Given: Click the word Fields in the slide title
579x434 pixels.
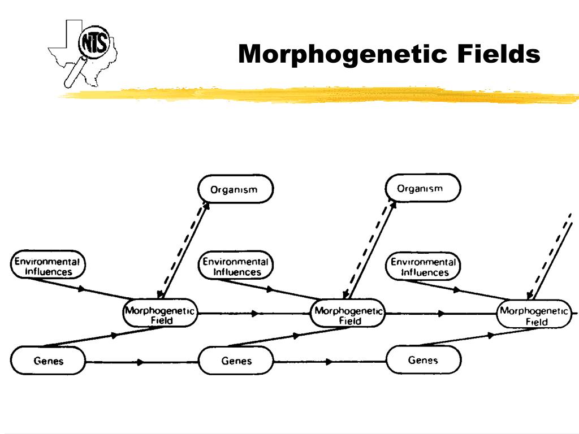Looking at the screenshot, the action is pos(499,54).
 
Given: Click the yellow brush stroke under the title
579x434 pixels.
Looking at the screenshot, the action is pos(318,95).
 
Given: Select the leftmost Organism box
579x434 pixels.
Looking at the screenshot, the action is pos(236,189).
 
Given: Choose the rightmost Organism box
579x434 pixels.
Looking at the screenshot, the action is pos(423,188).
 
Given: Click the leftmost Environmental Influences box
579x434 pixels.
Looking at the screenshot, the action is pos(47,264).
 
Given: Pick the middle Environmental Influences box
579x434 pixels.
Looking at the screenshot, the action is pos(236,265).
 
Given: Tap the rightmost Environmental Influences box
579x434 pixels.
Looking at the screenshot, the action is pos(423,266).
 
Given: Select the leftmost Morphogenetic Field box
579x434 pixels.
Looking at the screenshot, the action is pos(160,313).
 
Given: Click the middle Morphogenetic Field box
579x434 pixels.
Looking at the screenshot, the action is pos(348,313).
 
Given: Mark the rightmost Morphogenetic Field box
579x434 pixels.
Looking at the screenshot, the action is pos(534,314).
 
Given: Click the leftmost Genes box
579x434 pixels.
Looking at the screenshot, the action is pos(48,360).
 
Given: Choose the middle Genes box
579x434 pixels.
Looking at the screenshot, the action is pos(236,360).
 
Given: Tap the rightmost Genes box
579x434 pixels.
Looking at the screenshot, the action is pos(424,359).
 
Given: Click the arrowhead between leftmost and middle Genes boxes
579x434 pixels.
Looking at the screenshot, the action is pos(140,362).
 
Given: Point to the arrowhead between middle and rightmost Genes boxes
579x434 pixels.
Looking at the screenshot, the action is pos(329,362).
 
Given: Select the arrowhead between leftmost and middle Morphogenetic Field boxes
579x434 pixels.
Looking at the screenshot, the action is pos(255,314).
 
